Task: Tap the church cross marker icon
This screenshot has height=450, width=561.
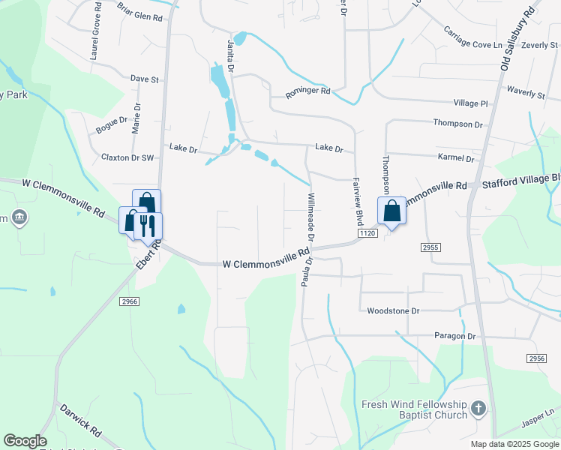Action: click(478, 409)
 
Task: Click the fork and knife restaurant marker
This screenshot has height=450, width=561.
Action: click(147, 224)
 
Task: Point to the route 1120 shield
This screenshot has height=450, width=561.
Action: click(367, 234)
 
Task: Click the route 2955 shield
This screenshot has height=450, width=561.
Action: click(430, 247)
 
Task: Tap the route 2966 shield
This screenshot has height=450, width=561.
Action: click(128, 301)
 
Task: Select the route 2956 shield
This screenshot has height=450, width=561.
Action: click(535, 359)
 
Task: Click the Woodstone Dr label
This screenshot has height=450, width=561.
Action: click(393, 310)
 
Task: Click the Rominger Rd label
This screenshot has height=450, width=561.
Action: click(307, 92)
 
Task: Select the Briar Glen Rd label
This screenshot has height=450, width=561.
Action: click(140, 10)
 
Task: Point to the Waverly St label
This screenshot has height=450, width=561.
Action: click(524, 94)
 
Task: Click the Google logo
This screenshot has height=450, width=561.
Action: click(25, 441)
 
